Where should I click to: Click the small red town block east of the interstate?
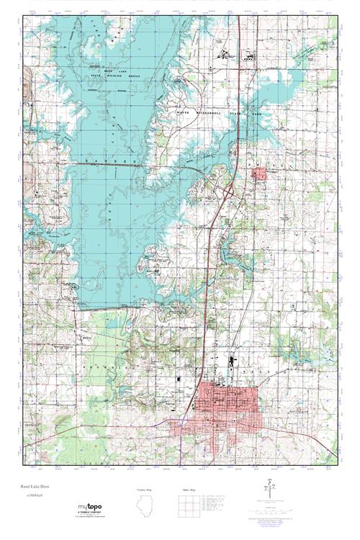coord(258,173)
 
